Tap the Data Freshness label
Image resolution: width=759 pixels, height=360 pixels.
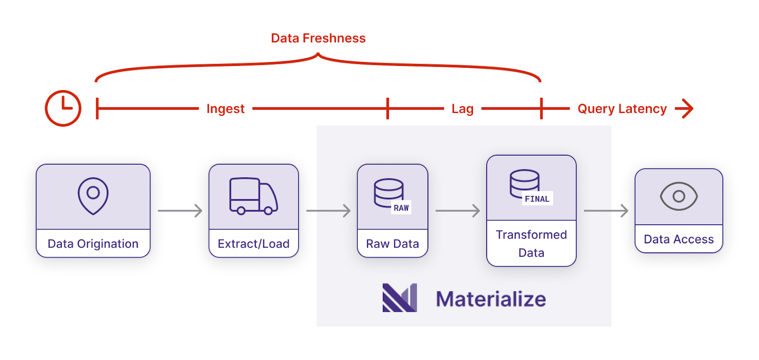318,38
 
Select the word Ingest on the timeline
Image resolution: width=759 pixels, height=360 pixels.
225,109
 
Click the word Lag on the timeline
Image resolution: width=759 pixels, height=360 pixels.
463,109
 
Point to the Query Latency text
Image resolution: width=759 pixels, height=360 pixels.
622,109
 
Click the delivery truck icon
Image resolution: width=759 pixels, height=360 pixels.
254,196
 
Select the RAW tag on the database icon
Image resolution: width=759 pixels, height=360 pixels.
401,208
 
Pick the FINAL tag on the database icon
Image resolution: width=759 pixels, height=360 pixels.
537,199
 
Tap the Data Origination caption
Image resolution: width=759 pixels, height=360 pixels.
93,243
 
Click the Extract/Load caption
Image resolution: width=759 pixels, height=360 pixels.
253,243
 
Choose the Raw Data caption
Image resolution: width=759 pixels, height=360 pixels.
392,243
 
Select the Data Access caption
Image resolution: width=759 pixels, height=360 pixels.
679,239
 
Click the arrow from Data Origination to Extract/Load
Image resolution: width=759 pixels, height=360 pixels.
180,211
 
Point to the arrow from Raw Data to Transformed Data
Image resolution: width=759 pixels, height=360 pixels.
458,211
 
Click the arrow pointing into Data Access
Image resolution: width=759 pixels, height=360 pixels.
606,211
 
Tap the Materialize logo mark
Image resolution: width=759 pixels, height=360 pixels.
400,298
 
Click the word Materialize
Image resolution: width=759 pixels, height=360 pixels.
491,299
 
